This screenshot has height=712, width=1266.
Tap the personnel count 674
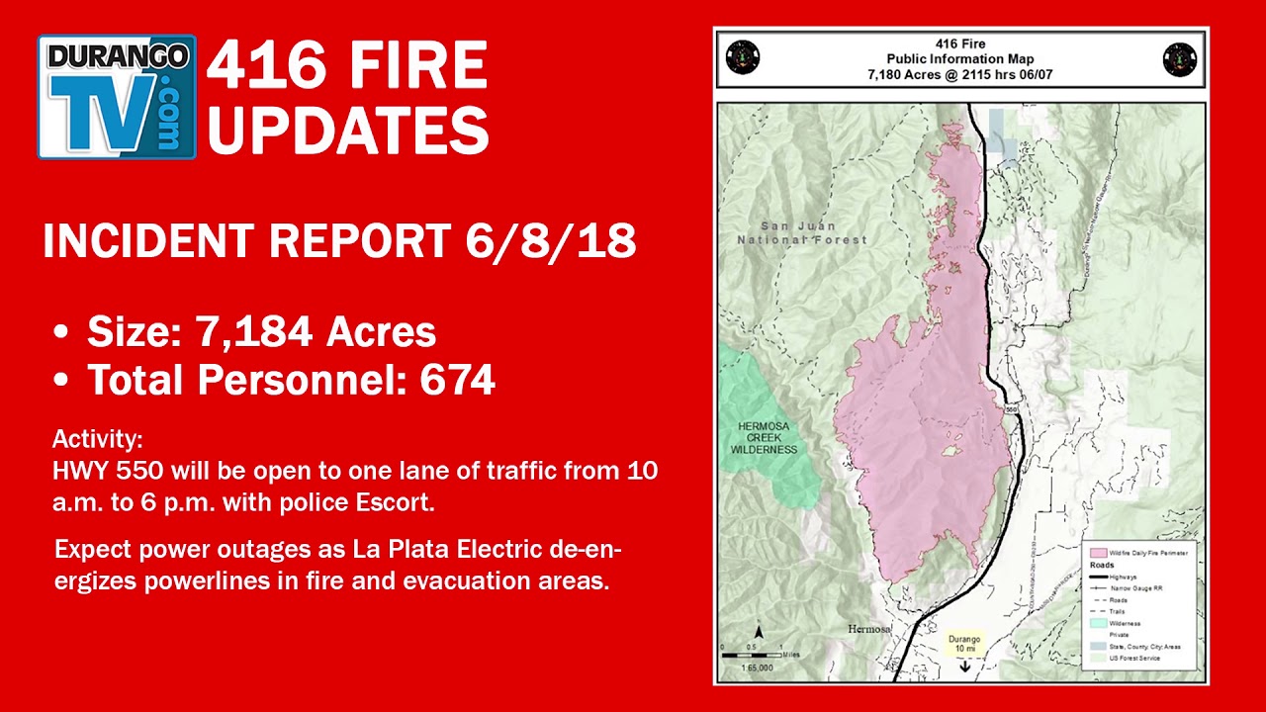(x=457, y=380)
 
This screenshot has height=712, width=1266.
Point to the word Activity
(x=97, y=439)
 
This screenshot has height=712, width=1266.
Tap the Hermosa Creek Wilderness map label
(x=764, y=438)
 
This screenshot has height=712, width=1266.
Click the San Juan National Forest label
(x=802, y=232)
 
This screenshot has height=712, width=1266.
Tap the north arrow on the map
(x=759, y=632)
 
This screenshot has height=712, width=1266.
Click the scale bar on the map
(x=752, y=654)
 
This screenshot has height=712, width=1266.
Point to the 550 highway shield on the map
(x=1011, y=407)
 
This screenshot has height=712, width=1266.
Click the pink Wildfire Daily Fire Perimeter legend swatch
(x=1096, y=552)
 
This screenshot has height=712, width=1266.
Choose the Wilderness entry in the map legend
(x=1125, y=623)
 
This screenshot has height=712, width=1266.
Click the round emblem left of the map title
(x=742, y=58)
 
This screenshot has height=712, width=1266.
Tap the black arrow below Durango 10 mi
(x=964, y=667)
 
